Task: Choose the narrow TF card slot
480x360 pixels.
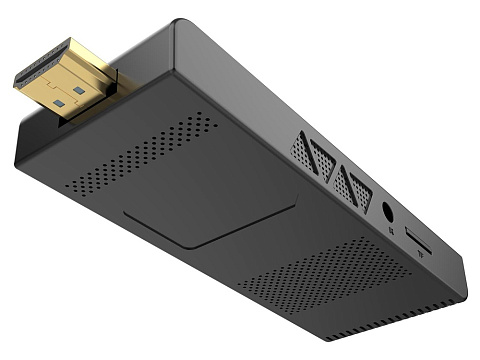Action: point(418,243)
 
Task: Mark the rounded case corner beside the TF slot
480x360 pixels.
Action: point(461,290)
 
